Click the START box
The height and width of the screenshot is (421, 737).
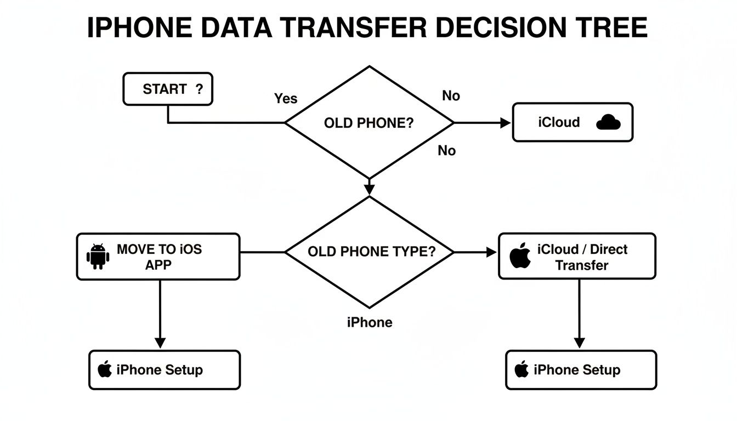coord(168,89)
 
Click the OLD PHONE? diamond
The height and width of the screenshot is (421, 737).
coord(369,122)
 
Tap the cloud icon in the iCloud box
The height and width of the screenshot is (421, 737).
coord(608,122)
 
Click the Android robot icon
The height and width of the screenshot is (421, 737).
coord(98,256)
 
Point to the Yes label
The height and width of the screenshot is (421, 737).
coord(286,99)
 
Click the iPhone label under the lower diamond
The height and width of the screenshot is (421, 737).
coord(370,322)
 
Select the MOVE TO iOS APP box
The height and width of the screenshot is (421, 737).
coord(158,257)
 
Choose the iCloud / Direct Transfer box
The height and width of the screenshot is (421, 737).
coord(577,257)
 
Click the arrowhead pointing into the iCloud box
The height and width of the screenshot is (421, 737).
coord(505,123)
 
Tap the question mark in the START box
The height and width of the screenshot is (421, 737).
coord(199,89)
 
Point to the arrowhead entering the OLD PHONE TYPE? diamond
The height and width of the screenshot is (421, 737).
coord(369,189)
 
